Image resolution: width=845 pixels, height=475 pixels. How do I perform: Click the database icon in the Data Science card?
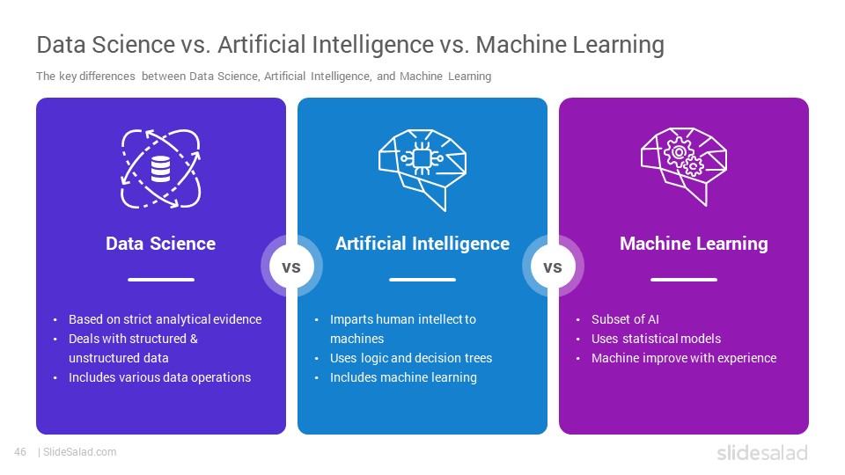click(160, 169)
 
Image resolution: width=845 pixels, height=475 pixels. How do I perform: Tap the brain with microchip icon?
click(422, 170)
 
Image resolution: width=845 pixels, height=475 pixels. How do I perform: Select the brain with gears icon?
click(684, 166)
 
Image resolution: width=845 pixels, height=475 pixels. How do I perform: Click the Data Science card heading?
click(160, 244)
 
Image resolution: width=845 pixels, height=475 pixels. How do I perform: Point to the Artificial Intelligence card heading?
click(422, 244)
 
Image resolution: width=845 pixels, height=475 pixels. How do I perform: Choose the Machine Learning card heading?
click(694, 244)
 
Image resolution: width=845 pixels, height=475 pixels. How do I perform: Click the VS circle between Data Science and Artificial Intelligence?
click(291, 266)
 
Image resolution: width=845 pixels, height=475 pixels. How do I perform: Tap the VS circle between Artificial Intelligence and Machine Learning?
click(553, 266)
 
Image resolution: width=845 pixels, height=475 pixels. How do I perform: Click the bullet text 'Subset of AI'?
click(625, 319)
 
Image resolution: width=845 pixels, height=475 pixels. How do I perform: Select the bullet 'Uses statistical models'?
click(656, 339)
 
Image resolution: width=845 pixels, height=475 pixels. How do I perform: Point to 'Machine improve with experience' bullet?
click(684, 358)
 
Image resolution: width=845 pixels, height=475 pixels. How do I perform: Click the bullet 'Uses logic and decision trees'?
click(411, 358)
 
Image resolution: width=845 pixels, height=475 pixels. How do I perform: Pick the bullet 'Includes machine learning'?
click(403, 377)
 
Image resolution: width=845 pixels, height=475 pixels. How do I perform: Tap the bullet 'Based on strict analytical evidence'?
click(165, 319)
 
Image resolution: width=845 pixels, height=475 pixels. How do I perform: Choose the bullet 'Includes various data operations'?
click(159, 377)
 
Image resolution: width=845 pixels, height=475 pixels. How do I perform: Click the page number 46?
click(20, 452)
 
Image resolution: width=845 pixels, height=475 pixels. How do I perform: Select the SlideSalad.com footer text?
click(80, 452)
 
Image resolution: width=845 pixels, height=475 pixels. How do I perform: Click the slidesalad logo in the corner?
click(762, 453)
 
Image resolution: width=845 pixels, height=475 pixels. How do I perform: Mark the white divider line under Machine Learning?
click(684, 280)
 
